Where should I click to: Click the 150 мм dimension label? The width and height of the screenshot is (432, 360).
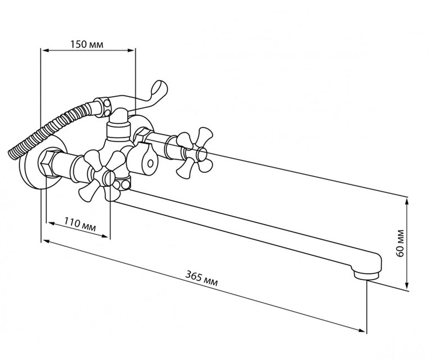click(x=87, y=44)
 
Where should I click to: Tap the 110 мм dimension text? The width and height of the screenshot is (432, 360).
click(x=80, y=224)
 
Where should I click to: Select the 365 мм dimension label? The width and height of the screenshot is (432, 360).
click(x=201, y=278)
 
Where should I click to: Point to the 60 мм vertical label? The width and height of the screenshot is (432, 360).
click(x=401, y=243)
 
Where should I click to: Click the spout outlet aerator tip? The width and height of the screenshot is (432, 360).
click(x=366, y=276)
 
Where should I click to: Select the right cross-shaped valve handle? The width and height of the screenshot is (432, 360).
click(x=195, y=153)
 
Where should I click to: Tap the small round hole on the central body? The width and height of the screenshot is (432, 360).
click(x=150, y=164)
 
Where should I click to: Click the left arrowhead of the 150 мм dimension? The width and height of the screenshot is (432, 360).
click(x=45, y=50)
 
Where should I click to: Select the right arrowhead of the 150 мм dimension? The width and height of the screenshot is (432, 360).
click(x=131, y=50)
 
